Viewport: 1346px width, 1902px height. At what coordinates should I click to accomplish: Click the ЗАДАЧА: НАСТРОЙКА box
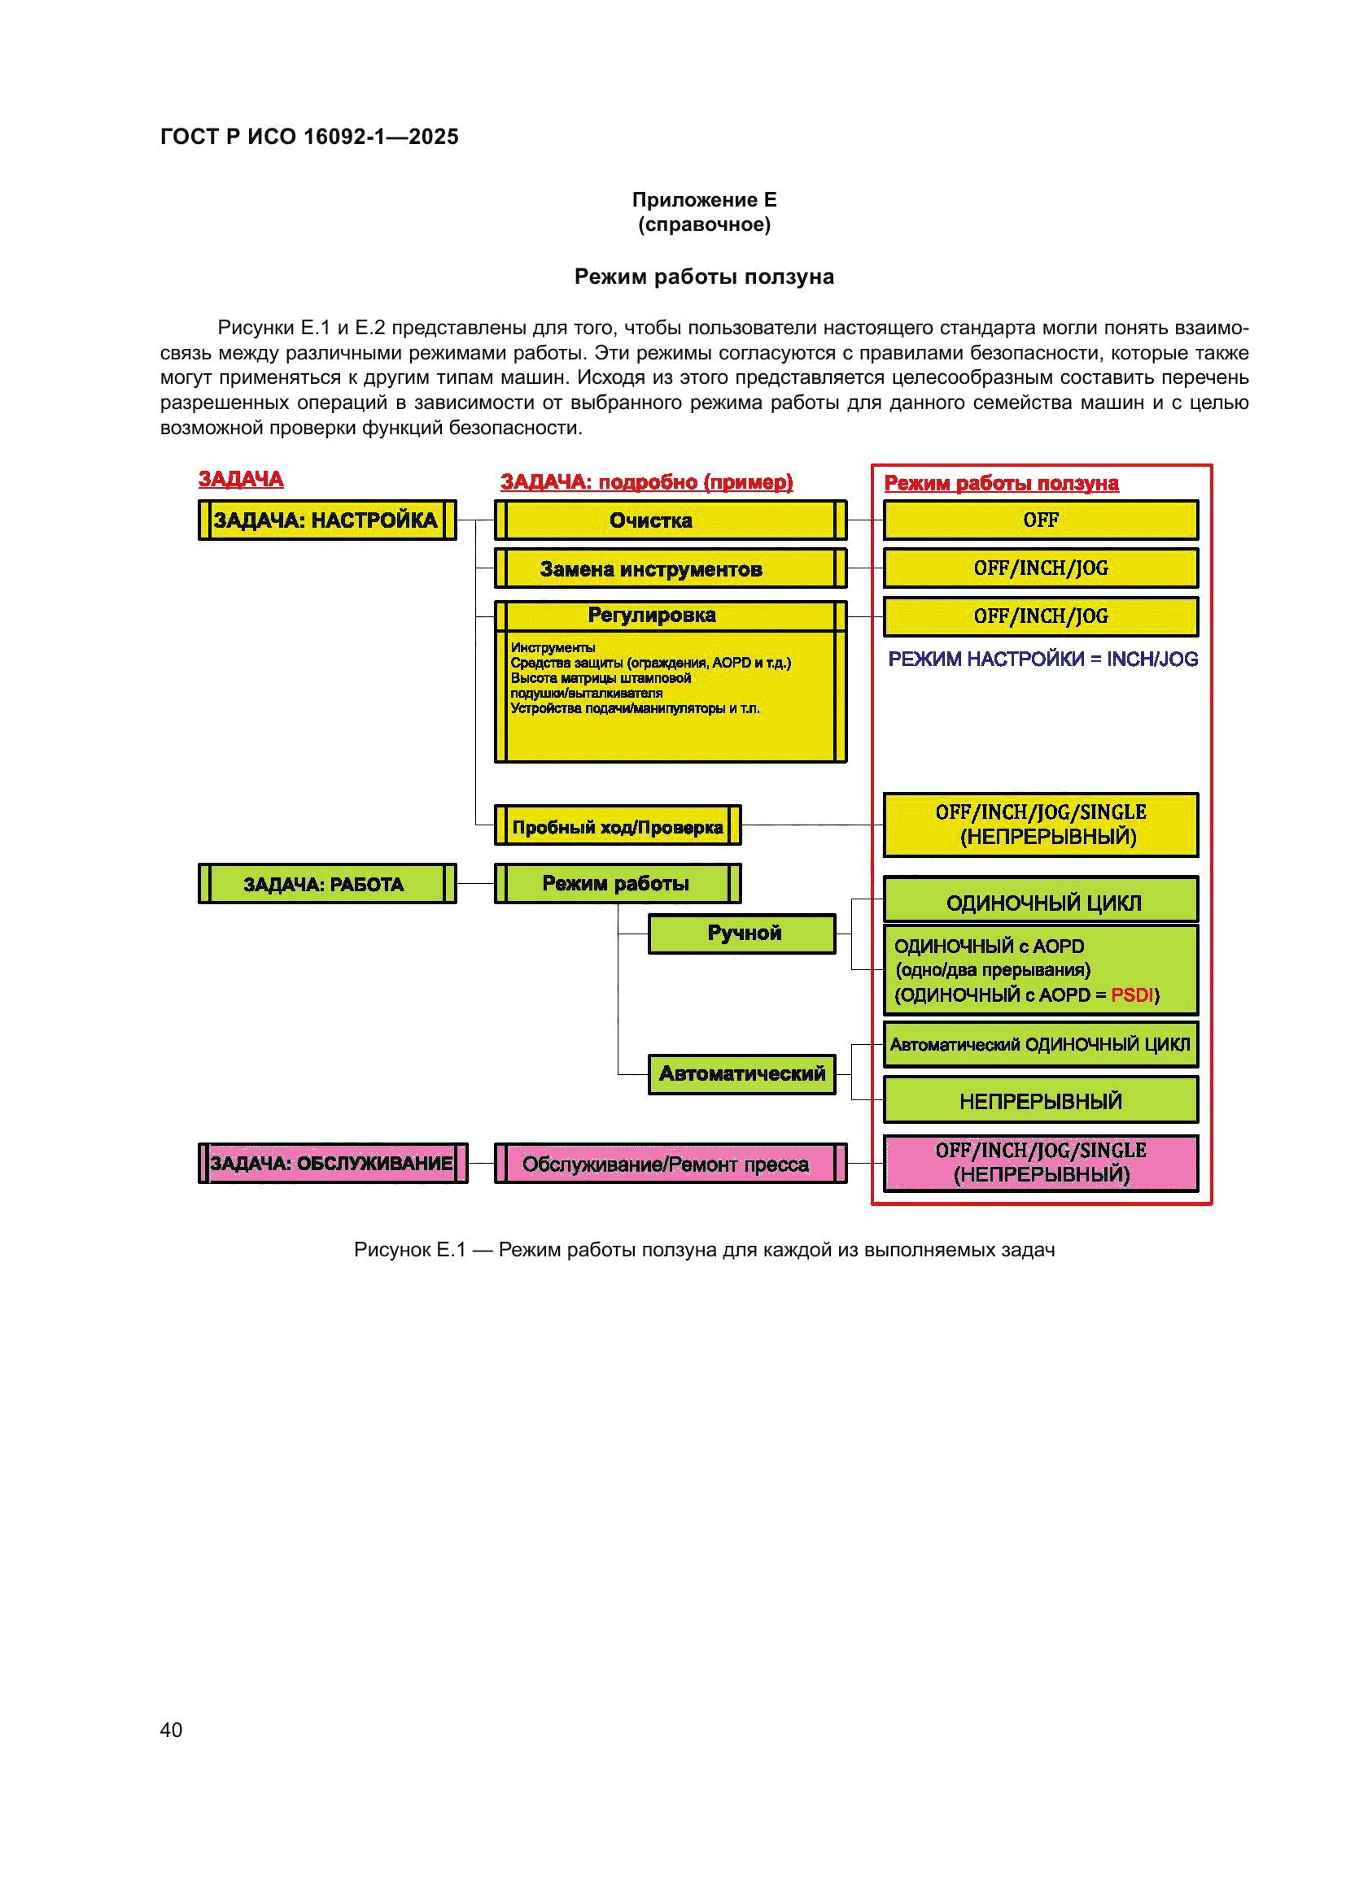pos(326,520)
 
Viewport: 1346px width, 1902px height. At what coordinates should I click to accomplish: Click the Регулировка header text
pos(652,616)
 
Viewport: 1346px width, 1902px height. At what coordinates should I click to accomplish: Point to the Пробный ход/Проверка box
pos(618,827)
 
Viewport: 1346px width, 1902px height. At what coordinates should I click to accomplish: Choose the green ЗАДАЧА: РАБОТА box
pos(326,884)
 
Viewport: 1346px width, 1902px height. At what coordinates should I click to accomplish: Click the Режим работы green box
pos(617,884)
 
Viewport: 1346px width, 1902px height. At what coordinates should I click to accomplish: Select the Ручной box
pos(743,934)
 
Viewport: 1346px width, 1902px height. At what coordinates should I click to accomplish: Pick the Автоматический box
pos(743,1073)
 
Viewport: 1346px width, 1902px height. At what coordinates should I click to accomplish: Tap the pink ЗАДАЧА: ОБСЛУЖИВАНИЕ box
pos(332,1163)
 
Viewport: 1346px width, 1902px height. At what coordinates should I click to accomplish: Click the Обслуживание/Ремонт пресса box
pos(670,1164)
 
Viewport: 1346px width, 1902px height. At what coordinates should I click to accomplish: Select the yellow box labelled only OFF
pos(1040,520)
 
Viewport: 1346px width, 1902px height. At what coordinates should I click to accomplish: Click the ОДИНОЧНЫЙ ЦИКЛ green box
pos(1040,901)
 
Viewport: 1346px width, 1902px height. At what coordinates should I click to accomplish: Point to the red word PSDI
pos(1131,995)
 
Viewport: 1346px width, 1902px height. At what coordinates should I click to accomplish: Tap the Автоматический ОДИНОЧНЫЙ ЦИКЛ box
pos(1040,1045)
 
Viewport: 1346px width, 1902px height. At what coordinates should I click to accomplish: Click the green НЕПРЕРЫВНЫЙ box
pos(1040,1101)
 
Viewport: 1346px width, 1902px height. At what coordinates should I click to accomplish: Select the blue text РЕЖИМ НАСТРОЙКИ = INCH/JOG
pos(1042,659)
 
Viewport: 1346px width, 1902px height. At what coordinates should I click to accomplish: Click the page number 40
pos(171,1730)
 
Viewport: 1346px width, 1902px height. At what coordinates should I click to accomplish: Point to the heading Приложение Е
pos(704,200)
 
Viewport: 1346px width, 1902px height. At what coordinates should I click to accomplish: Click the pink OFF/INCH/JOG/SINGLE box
pos(1040,1162)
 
